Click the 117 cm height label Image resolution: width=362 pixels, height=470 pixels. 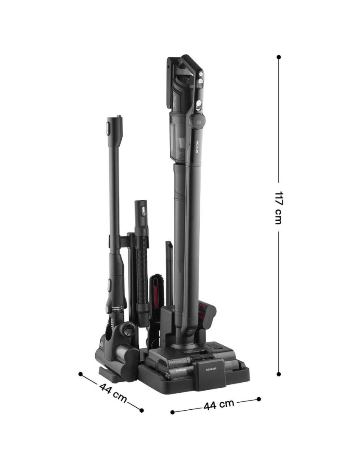coord(278,207)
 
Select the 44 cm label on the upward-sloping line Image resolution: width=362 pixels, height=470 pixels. coord(219,405)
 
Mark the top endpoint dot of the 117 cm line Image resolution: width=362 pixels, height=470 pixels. coord(279,57)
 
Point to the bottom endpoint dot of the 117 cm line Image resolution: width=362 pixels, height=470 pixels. coord(279,374)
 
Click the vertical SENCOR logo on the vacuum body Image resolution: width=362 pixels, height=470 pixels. coord(197,147)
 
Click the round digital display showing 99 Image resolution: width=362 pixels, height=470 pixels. coord(198,122)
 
